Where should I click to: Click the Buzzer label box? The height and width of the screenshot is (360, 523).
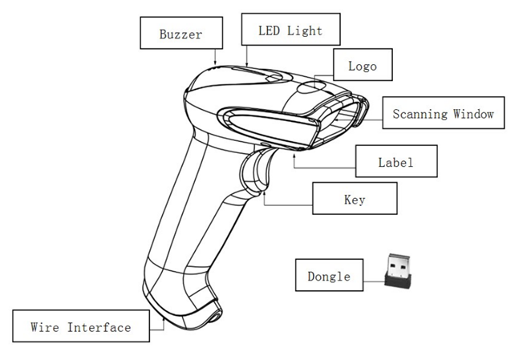click(180, 34)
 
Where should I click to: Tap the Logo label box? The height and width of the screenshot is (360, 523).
click(362, 66)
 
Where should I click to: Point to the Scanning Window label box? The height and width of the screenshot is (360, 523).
click(443, 113)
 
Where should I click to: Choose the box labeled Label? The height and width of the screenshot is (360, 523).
click(395, 162)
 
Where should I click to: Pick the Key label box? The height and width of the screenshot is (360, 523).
click(354, 199)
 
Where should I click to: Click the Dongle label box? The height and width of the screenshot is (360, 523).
click(329, 277)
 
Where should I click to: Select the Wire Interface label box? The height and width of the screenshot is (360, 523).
click(80, 327)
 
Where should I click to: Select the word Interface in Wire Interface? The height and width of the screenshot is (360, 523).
click(99, 327)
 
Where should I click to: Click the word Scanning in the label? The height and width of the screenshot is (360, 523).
click(418, 113)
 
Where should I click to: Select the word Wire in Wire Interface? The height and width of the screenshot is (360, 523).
click(45, 327)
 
